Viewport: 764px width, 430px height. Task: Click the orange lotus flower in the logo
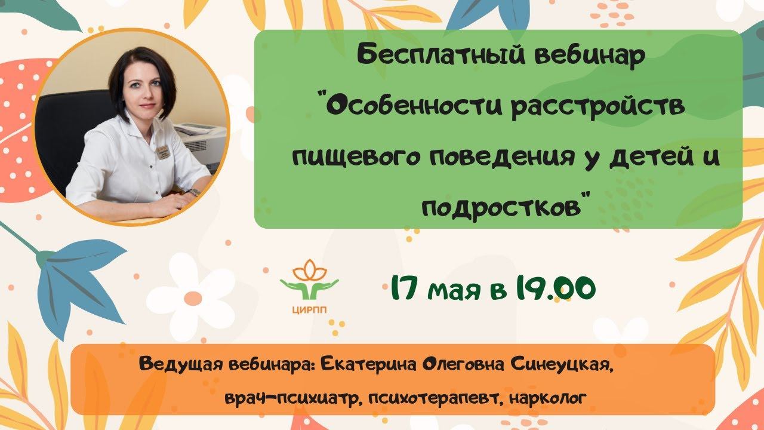308,268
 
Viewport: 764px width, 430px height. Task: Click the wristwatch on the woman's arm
194,192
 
